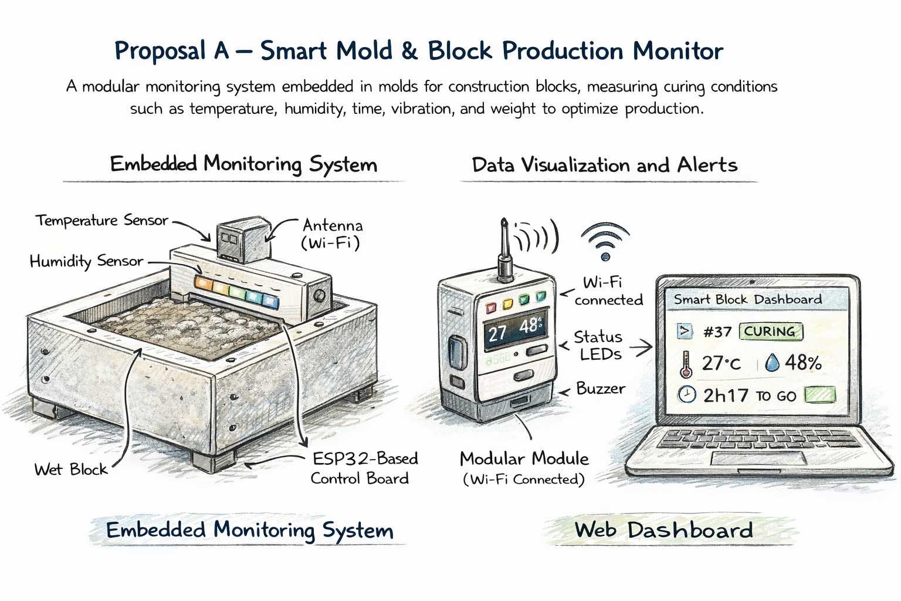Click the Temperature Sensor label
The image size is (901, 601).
(101, 221)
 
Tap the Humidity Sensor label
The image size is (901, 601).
(86, 261)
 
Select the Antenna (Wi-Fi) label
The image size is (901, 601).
(332, 234)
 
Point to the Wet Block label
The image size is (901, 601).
(70, 470)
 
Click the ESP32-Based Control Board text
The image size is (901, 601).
(364, 468)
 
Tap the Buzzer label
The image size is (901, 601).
(600, 389)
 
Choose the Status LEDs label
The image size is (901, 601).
(598, 345)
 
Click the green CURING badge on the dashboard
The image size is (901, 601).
(770, 332)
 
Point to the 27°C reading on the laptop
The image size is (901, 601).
(721, 363)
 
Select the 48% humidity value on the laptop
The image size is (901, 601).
(802, 363)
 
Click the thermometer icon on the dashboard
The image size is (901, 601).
(685, 364)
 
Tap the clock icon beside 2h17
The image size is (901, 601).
(686, 394)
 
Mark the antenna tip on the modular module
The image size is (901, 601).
(504, 222)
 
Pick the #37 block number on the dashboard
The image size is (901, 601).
(717, 332)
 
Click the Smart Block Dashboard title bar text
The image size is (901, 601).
(747, 299)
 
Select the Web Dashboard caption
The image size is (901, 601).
(663, 530)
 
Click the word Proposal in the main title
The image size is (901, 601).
(160, 52)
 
